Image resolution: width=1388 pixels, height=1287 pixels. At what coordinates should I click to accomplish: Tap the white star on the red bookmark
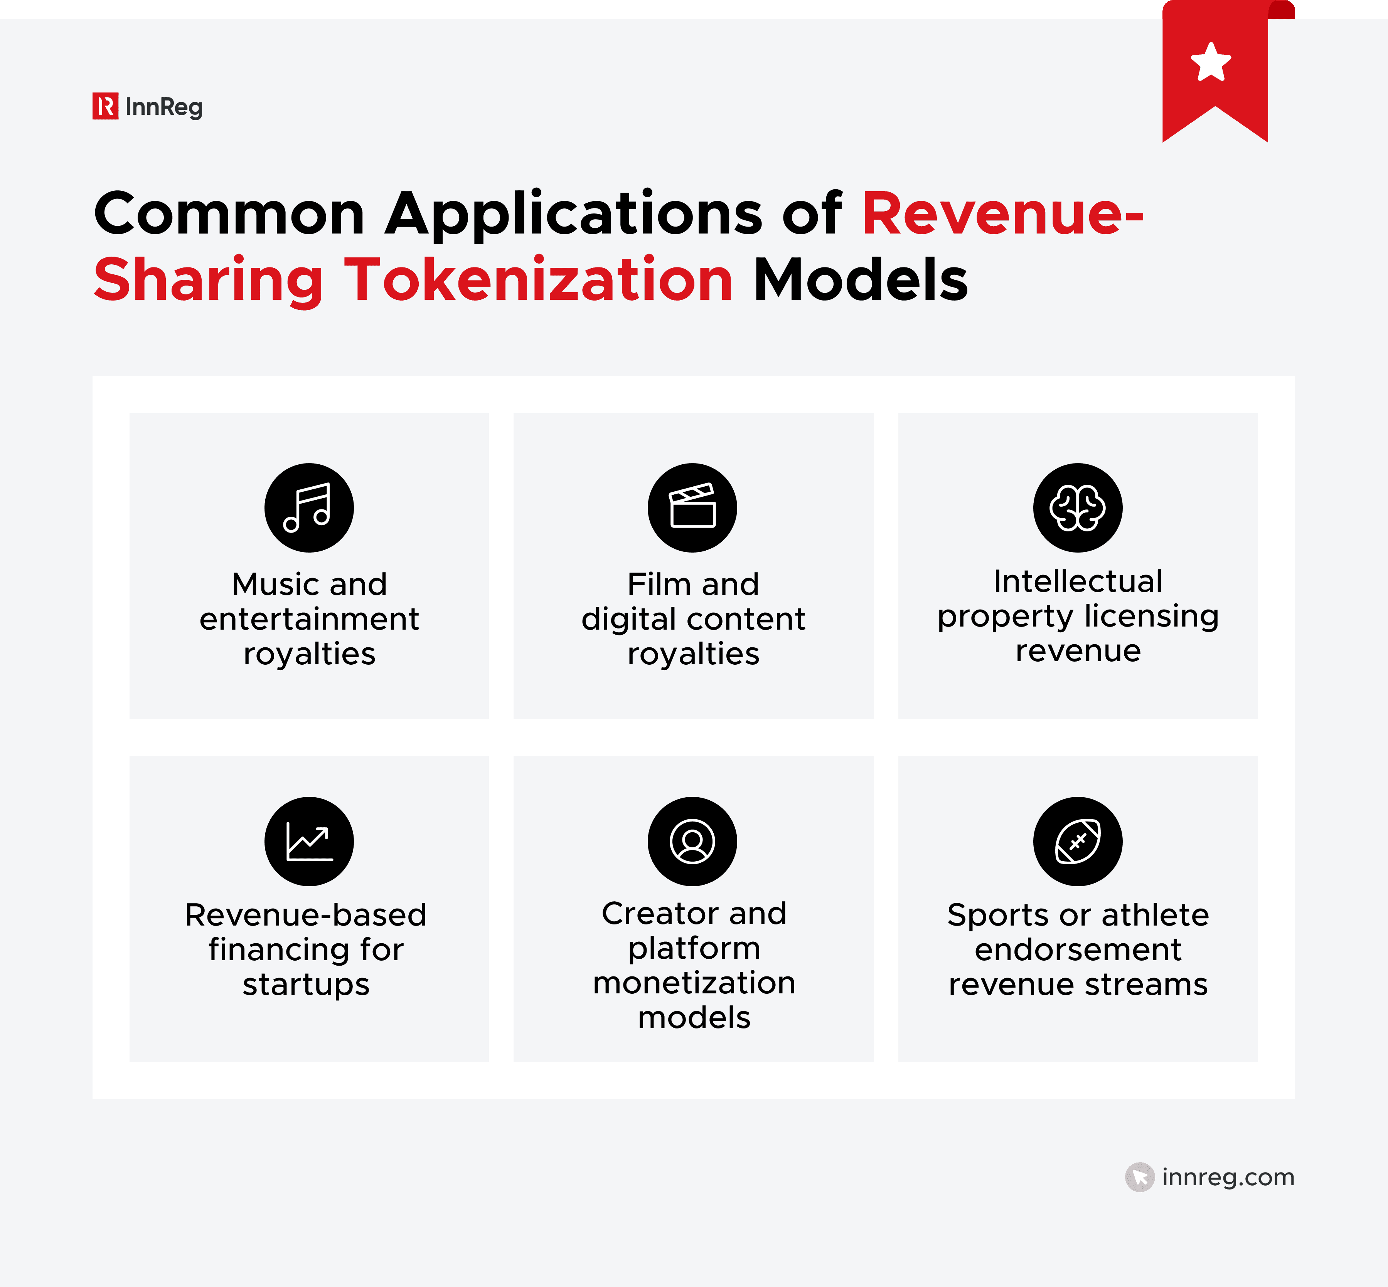(1211, 63)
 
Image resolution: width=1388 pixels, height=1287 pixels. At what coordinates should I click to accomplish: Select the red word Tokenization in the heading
(538, 280)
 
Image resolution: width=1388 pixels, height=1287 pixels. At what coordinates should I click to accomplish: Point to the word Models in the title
(861, 280)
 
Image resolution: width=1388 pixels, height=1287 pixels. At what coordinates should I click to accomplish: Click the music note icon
(309, 508)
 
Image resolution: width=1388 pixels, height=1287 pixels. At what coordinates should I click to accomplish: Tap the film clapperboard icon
(692, 508)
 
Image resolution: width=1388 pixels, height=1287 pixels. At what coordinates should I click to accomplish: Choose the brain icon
(1077, 508)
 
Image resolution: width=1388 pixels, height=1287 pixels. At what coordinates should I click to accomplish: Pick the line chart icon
(309, 841)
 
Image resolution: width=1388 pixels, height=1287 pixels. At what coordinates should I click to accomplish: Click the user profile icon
(692, 841)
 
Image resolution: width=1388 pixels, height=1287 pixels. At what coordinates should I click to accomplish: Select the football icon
(1077, 841)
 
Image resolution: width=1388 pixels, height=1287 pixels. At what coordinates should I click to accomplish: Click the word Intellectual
(1077, 581)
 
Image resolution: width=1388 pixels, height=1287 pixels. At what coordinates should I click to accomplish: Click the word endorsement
(1077, 949)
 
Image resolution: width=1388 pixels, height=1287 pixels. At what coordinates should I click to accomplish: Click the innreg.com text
(1228, 1177)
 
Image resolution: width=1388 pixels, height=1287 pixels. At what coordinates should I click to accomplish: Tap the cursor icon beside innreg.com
(1139, 1177)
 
